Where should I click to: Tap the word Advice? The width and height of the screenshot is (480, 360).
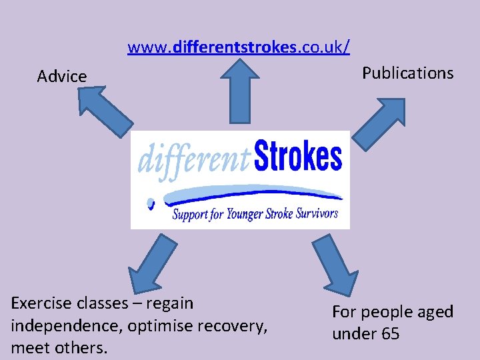tap(62, 77)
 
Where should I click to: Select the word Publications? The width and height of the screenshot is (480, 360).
tap(407, 73)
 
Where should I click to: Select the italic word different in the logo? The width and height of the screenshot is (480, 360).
tap(193, 160)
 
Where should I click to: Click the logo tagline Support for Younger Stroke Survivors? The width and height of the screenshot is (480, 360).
tap(255, 214)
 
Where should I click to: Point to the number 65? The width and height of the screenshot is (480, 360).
tap(390, 333)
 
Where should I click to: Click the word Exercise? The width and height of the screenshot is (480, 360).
tap(40, 303)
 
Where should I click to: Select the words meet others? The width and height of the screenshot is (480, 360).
tap(59, 348)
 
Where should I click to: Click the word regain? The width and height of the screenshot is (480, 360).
tap(169, 304)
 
